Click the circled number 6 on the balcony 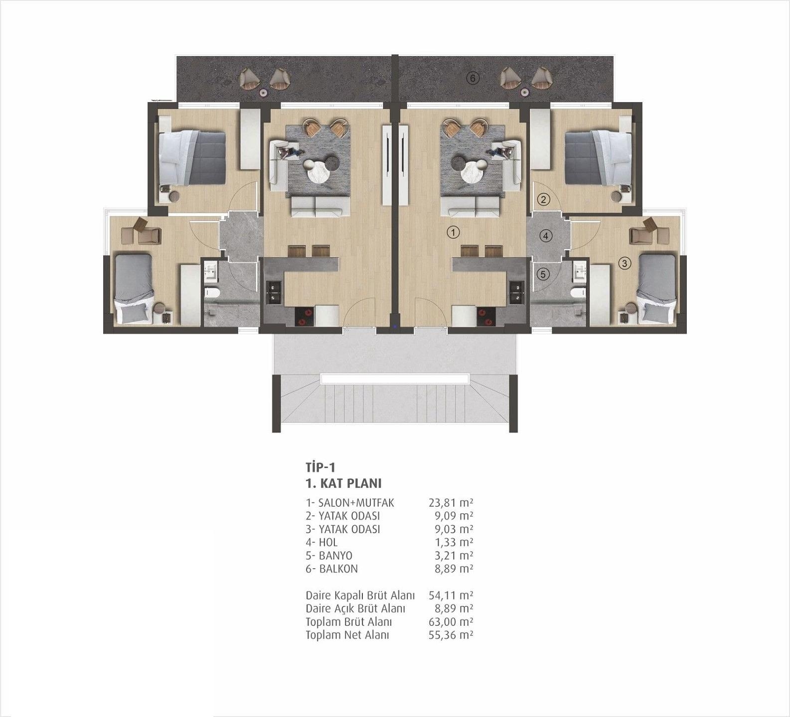473,78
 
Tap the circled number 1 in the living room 453,232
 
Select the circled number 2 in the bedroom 543,200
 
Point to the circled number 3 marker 625,264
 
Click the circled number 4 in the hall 546,236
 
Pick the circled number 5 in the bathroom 543,274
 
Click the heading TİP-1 320,467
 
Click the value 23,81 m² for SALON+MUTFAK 451,503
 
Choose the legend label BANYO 335,556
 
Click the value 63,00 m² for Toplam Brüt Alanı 451,622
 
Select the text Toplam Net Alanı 347,635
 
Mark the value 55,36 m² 451,635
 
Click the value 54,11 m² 451,595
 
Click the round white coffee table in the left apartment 318,172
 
